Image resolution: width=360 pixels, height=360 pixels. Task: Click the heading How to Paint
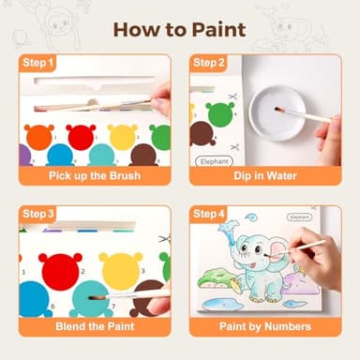(179, 29)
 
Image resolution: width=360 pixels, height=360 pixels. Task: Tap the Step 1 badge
(37, 64)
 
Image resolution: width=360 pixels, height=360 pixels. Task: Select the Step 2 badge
(209, 64)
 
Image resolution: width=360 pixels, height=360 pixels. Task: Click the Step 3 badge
(37, 214)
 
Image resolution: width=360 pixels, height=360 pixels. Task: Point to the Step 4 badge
(209, 214)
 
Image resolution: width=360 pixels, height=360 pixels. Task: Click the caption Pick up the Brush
(95, 175)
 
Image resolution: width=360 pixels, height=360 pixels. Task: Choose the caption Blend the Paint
(95, 325)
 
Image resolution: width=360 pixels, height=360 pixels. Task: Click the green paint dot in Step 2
(220, 114)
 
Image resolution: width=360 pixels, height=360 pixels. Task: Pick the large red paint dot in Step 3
(61, 270)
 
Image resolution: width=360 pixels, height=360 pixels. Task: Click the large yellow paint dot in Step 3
(121, 270)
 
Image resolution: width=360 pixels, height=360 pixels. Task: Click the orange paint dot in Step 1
(38, 137)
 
